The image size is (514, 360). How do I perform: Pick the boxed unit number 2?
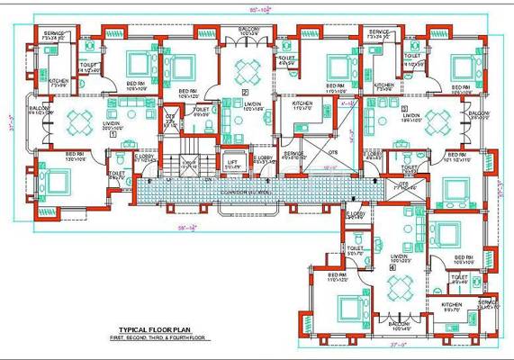tap(244, 92)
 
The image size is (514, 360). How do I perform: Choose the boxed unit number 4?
tap(393, 267)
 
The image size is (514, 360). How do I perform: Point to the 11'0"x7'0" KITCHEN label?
tap(302, 105)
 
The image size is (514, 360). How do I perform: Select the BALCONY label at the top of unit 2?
tap(249, 30)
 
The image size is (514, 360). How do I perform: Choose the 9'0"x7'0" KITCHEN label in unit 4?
tap(451, 307)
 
